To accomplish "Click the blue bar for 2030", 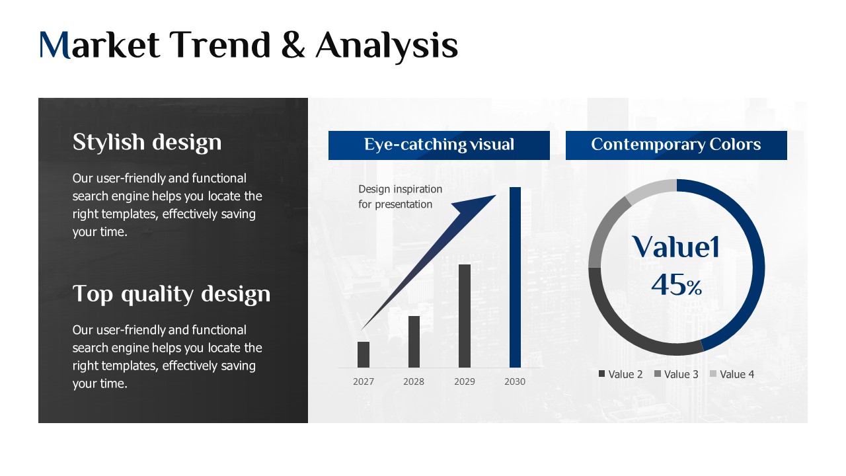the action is pyautogui.click(x=515, y=277).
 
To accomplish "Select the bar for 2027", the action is pyautogui.click(x=364, y=355).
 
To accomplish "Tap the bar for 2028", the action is pyautogui.click(x=414, y=342).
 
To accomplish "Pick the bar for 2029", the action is pyautogui.click(x=465, y=316).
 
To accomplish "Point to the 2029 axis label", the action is pyautogui.click(x=465, y=381).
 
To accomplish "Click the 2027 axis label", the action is pyautogui.click(x=364, y=381).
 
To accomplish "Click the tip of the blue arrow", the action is pyautogui.click(x=496, y=195).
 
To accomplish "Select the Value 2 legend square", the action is pyautogui.click(x=601, y=374).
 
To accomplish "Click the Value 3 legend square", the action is pyautogui.click(x=658, y=374).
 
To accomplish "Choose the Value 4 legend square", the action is pyautogui.click(x=713, y=374).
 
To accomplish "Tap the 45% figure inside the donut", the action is pyautogui.click(x=676, y=285).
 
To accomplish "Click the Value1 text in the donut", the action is pyautogui.click(x=676, y=247).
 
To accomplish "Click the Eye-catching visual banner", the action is pyautogui.click(x=439, y=145).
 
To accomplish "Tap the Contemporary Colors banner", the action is pyautogui.click(x=676, y=145).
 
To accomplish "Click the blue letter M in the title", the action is pyautogui.click(x=55, y=46).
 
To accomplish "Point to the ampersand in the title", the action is pyautogui.click(x=293, y=46).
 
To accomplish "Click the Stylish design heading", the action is pyautogui.click(x=147, y=142).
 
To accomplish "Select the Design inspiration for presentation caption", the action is pyautogui.click(x=400, y=196).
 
